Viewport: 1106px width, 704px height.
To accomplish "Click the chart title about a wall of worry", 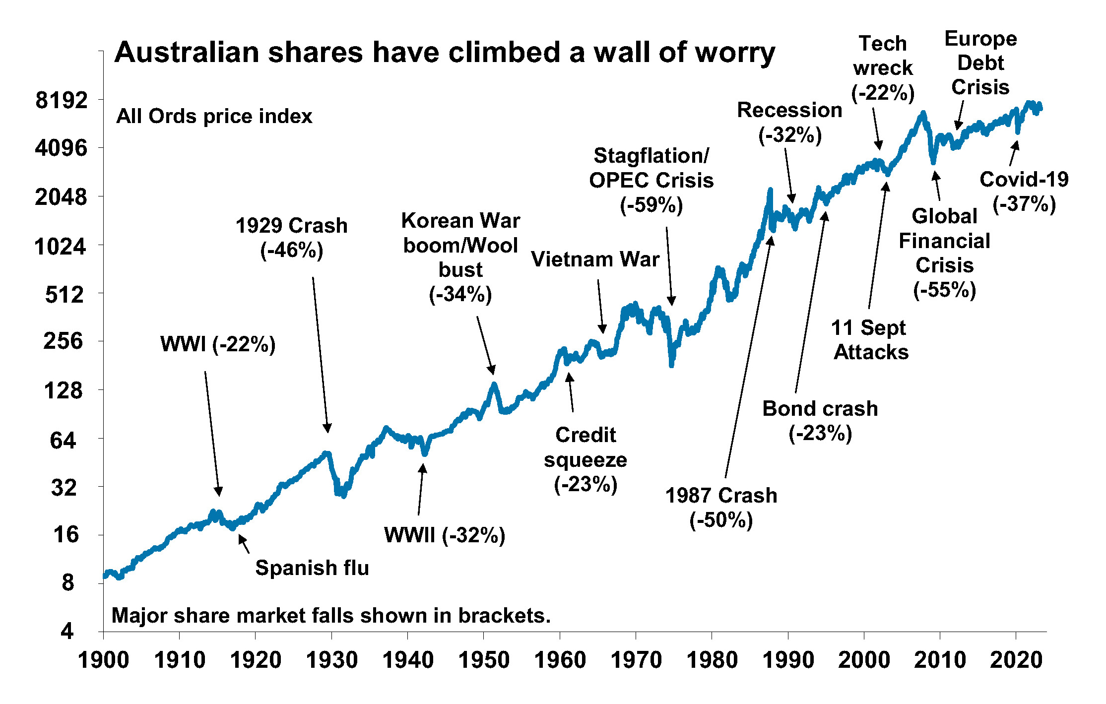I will pos(444,53).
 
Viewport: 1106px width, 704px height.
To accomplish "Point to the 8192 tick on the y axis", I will pos(62,100).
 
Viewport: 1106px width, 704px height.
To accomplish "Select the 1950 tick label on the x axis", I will pos(484,660).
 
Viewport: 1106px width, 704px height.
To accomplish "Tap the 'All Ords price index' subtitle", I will pos(214,116).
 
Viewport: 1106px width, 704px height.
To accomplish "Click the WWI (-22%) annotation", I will pos(218,344).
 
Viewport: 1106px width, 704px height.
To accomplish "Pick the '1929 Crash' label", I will pos(291,226).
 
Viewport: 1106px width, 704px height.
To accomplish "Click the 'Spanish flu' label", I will pos(312,568).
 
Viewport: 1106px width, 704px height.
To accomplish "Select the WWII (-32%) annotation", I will pos(445,535).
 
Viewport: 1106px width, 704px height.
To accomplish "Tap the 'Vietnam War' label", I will pos(595,259).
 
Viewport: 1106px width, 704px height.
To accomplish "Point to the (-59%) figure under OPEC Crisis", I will pos(651,205).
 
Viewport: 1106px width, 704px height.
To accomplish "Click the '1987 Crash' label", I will pos(721,496).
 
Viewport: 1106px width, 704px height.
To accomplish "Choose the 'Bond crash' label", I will pos(820,409).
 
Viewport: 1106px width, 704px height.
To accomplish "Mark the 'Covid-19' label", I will pos(1024,180).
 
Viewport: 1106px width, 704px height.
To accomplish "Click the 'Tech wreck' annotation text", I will pos(883,56).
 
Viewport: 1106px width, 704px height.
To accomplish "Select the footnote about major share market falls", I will pos(331,616).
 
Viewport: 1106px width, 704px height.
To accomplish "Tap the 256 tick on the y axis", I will pos(63,341).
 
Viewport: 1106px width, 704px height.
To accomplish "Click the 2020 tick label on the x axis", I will pos(1016,660).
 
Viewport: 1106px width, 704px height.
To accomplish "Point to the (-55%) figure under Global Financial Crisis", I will pos(945,290).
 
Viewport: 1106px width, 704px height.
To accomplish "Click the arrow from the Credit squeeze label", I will pos(571,392).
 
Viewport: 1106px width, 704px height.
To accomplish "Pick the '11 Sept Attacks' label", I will pos(870,340).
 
